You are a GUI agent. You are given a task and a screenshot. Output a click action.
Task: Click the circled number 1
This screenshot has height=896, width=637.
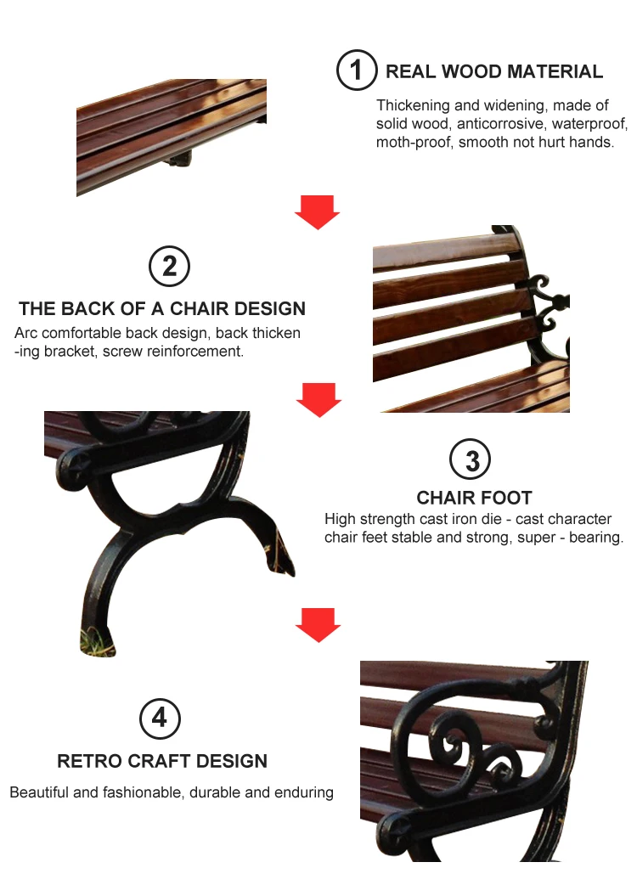[x=356, y=70]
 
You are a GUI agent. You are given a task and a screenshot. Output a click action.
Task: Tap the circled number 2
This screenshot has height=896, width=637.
[x=169, y=267]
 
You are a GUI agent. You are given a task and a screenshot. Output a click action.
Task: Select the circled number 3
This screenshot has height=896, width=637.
[x=471, y=460]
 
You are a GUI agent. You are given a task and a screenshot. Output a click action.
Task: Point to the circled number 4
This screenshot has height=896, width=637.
[x=160, y=719]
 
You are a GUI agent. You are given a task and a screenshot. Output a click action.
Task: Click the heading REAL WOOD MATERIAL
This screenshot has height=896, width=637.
[x=494, y=71]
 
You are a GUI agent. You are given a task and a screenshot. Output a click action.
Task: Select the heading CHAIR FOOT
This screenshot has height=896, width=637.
[x=474, y=498]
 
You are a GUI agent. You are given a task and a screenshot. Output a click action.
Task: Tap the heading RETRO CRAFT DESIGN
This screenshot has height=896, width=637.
[x=162, y=761]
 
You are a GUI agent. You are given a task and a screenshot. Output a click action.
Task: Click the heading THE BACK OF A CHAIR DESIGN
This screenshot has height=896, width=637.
[x=162, y=308]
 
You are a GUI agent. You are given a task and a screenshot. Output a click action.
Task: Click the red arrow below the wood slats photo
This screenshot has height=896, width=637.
[x=317, y=211]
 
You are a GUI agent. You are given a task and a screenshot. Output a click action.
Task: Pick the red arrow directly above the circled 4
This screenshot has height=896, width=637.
[x=318, y=625]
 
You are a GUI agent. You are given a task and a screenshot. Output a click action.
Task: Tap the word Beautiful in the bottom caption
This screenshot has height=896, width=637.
[x=39, y=792]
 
